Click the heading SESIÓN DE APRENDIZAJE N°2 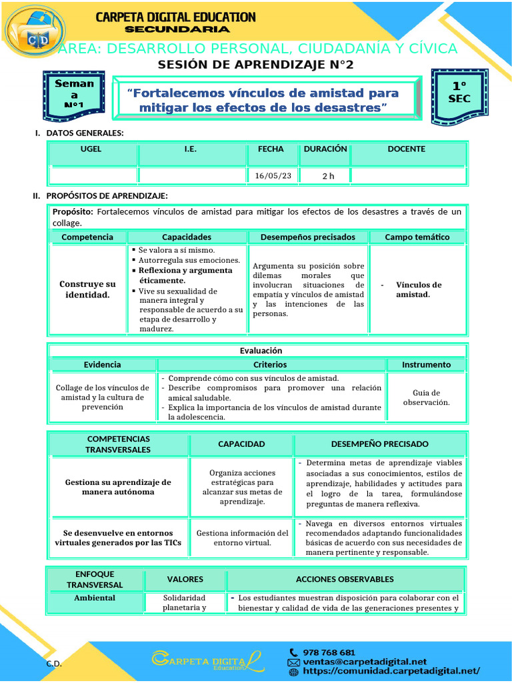255,65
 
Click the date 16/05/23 273,176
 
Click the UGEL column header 91,149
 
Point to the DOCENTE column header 406,149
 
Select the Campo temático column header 417,237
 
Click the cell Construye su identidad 87,289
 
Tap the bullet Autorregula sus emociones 189,260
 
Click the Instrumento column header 426,365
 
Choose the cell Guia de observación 426,398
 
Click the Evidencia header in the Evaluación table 103,365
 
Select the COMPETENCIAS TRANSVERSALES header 117,444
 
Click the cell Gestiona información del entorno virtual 241,538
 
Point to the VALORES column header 185,579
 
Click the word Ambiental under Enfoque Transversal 94,598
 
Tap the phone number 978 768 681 329,652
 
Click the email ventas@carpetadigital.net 365,662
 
